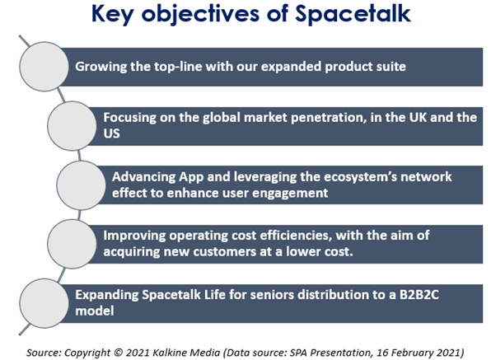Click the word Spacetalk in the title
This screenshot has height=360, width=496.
click(x=353, y=14)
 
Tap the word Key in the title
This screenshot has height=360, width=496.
click(x=112, y=14)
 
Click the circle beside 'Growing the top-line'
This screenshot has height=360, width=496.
click(x=44, y=67)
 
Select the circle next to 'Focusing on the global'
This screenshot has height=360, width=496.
click(x=72, y=125)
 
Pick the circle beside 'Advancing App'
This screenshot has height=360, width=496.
click(x=81, y=185)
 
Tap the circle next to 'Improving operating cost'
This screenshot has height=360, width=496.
click(x=72, y=244)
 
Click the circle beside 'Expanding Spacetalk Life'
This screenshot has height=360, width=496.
click(x=44, y=303)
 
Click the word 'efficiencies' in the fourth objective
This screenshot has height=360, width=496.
click(x=295, y=236)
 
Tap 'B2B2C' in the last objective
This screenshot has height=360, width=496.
click(x=419, y=295)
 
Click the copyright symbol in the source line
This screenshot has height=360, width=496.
click(x=118, y=353)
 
